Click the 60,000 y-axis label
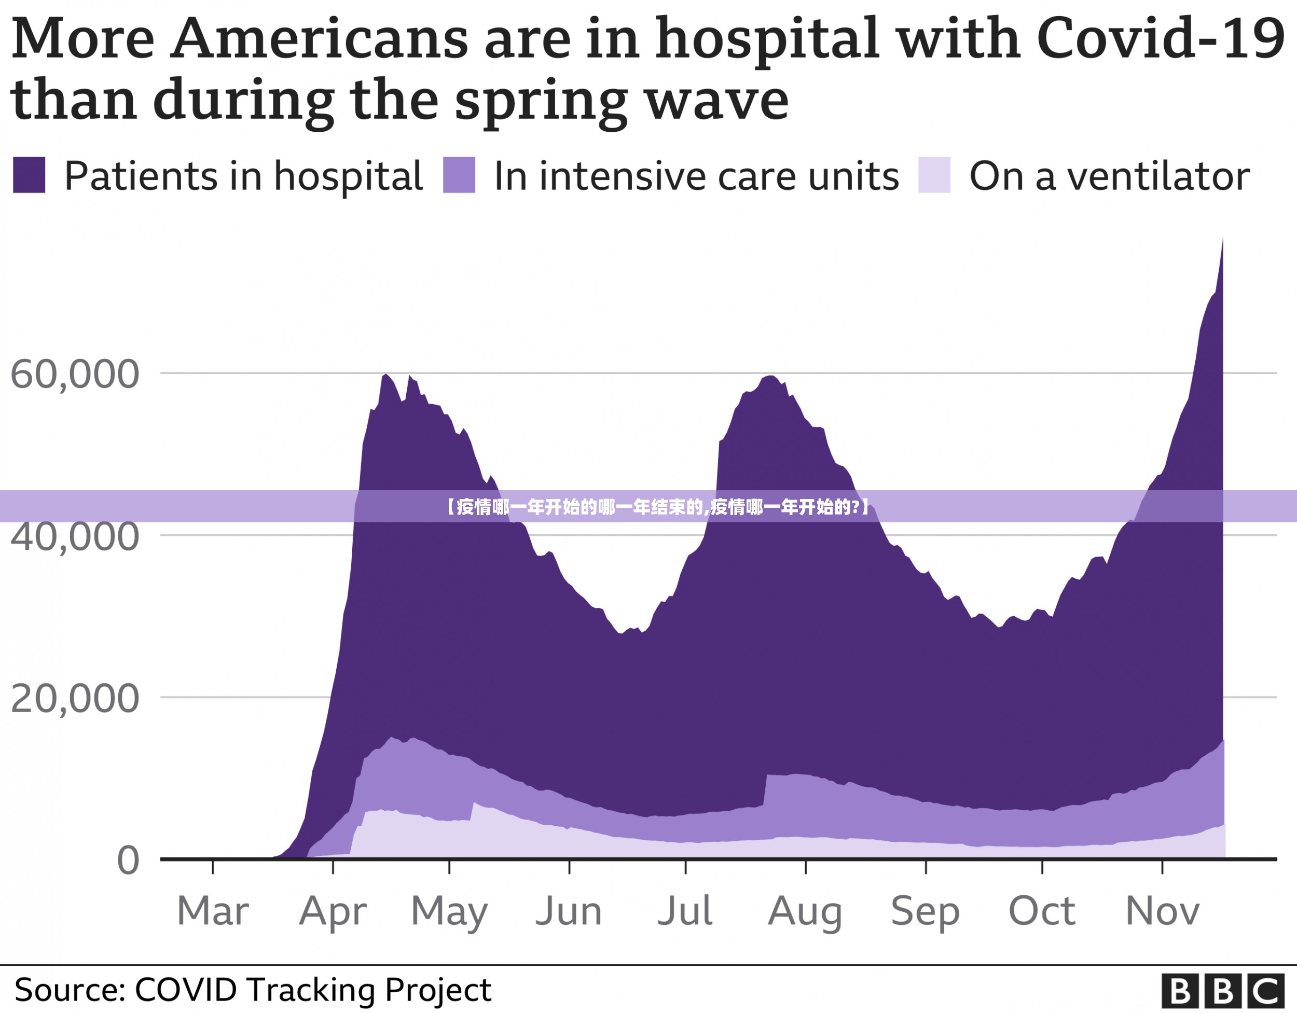pyautogui.click(x=75, y=376)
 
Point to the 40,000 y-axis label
pyautogui.click(x=75, y=537)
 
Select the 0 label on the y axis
pyautogui.click(x=128, y=862)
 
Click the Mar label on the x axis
pyautogui.click(x=213, y=911)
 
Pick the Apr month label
pyautogui.click(x=333, y=911)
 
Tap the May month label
pyautogui.click(x=449, y=912)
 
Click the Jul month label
pyautogui.click(x=685, y=911)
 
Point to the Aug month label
pyautogui.click(x=805, y=912)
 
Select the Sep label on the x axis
pyautogui.click(x=925, y=912)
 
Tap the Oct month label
pyautogui.click(x=1042, y=911)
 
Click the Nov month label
pyautogui.click(x=1162, y=911)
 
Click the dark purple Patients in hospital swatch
pyautogui.click(x=29, y=175)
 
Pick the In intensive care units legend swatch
pyautogui.click(x=459, y=175)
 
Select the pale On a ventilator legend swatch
pyautogui.click(x=934, y=175)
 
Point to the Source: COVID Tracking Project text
pyautogui.click(x=252, y=990)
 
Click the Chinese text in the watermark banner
pyautogui.click(x=657, y=507)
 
